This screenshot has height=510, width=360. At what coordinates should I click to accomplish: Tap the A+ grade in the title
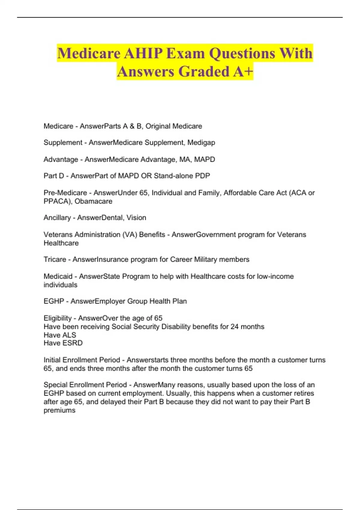tap(243, 71)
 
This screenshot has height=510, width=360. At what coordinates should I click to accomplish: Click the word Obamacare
tap(93, 201)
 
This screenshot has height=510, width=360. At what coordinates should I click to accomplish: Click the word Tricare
tap(55, 259)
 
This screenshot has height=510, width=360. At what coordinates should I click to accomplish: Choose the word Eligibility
tap(58, 318)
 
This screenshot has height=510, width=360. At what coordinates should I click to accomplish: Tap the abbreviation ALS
tap(69, 335)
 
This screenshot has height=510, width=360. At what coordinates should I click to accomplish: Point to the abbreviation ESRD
tap(73, 343)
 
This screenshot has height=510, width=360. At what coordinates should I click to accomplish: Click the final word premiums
tap(59, 410)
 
